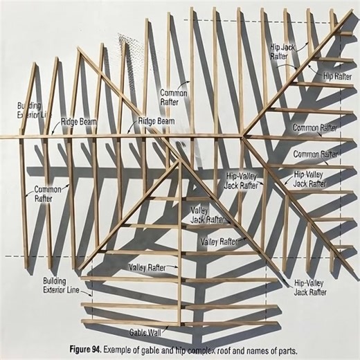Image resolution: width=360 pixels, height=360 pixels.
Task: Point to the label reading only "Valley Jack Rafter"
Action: click(x=207, y=215)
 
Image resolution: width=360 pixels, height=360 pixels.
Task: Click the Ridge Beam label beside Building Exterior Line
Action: click(x=78, y=120)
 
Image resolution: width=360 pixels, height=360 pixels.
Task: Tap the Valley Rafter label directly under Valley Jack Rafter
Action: click(x=218, y=242)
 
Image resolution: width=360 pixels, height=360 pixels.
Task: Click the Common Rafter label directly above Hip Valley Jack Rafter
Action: click(x=315, y=154)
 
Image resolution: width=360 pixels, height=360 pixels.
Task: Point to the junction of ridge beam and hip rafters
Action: click(x=245, y=134)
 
